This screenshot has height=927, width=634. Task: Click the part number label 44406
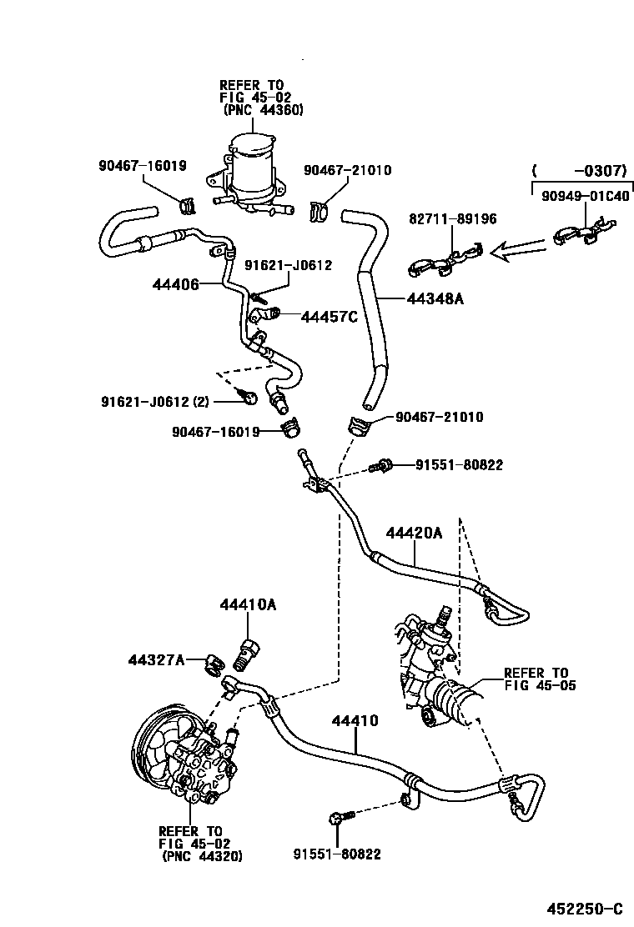pos(175,284)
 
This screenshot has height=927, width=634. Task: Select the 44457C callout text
pos(329,316)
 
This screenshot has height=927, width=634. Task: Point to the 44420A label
pos(414,533)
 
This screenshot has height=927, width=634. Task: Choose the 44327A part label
pos(156,659)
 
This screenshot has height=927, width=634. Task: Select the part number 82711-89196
pos(452,219)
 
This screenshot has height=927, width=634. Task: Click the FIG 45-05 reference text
pos(540,685)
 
